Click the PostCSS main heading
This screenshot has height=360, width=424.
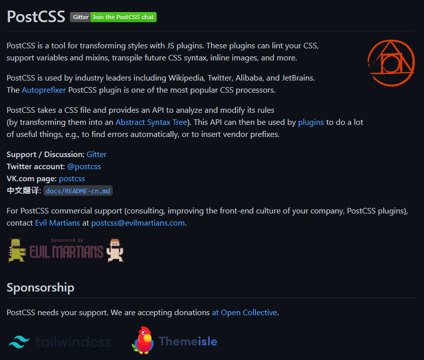point(36,17)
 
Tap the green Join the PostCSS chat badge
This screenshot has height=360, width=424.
point(123,17)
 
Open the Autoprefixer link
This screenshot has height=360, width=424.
point(44,90)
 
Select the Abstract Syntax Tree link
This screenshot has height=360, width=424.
point(151,122)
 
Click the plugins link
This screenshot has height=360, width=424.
point(311,122)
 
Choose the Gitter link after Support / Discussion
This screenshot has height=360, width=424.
point(97,154)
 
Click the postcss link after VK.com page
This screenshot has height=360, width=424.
point(72,178)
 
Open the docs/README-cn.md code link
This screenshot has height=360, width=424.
point(79,191)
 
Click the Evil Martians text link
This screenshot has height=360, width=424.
point(57,223)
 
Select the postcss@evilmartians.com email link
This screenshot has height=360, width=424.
point(138,223)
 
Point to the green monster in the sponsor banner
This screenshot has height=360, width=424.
point(17,250)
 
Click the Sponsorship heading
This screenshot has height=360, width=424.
point(40,287)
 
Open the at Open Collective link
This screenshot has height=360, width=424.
point(244,312)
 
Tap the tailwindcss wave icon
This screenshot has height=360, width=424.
point(20,342)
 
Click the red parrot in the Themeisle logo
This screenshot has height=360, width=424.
point(143,341)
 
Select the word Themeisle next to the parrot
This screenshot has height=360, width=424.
point(188,341)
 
